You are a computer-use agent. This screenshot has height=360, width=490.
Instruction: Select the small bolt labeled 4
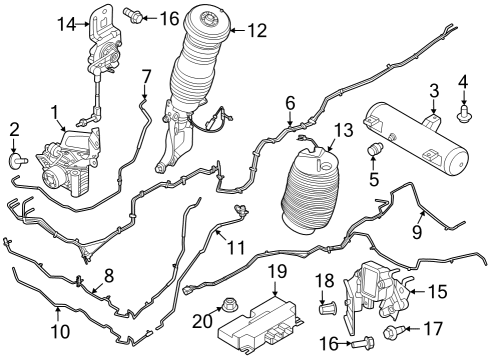464,117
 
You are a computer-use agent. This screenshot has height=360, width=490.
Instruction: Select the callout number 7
146,75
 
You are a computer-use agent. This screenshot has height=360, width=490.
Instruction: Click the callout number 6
291,102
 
